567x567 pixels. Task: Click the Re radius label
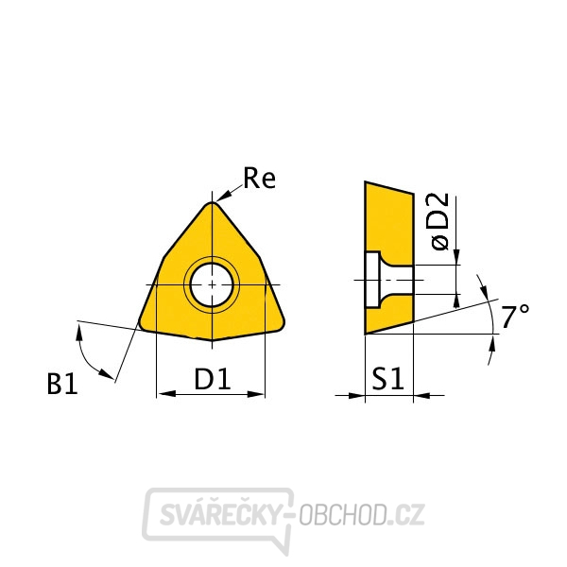coord(259,178)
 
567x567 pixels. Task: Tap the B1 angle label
coord(62,384)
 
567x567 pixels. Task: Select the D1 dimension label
coord(212,379)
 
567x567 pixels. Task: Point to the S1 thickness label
coord(387,379)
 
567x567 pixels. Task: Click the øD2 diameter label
coord(440,221)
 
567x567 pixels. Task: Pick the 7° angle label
coord(515,317)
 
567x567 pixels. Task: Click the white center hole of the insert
coord(212,285)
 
